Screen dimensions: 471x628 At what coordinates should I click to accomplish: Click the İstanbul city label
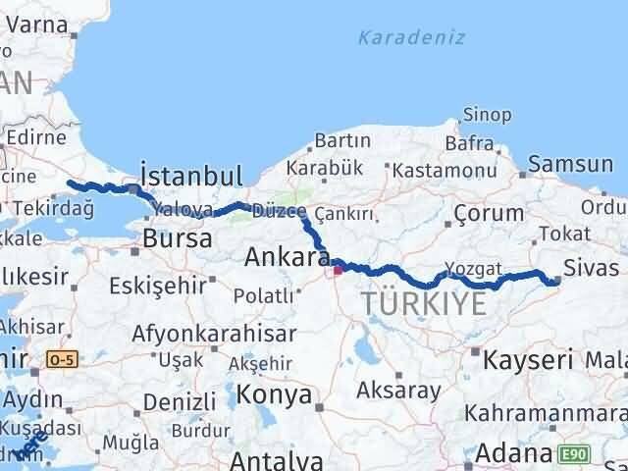tap(191, 176)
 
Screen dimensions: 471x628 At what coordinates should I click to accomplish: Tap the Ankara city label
tap(287, 258)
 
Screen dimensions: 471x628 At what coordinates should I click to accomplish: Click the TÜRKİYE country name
tap(424, 303)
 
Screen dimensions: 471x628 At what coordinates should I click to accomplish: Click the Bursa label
tap(177, 238)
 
